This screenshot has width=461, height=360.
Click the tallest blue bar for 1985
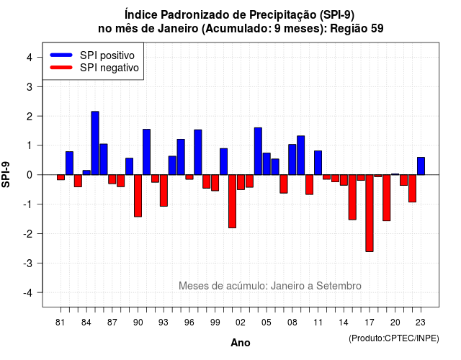[95, 143]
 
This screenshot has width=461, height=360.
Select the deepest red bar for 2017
[370, 213]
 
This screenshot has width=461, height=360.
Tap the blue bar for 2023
[421, 166]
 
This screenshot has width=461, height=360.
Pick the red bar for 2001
[232, 202]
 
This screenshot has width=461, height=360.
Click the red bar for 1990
[138, 196]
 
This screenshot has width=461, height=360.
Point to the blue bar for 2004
[258, 151]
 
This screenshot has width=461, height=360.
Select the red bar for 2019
[387, 198]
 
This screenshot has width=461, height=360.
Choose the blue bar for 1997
[198, 152]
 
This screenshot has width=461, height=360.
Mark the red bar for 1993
[164, 190]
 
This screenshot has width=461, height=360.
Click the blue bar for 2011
[318, 163]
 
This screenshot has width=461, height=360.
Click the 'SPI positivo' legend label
[107, 55]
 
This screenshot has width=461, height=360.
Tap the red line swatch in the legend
[61, 67]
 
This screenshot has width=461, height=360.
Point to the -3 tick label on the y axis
[29, 263]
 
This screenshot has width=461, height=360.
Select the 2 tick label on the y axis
[29, 117]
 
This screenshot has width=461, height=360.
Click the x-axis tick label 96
[189, 323]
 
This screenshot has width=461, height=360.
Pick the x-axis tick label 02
[241, 323]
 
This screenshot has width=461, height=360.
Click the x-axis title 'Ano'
[241, 343]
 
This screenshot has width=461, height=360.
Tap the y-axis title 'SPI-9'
[6, 174]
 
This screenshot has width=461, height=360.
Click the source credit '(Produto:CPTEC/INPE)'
[394, 338]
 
